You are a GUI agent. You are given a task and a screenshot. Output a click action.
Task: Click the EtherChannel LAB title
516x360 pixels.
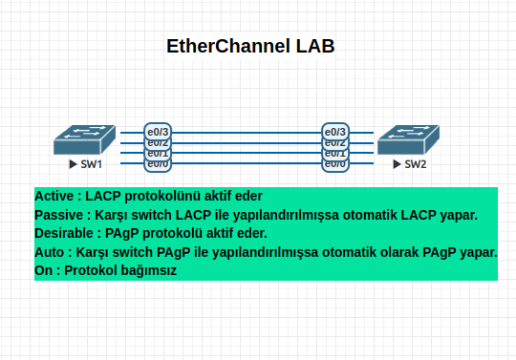[x=250, y=46]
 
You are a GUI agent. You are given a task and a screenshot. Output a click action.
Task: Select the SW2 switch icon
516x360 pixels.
[x=408, y=139]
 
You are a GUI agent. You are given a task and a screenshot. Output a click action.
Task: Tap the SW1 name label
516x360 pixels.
[x=93, y=165]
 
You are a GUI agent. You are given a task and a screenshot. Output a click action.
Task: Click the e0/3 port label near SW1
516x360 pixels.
[x=158, y=132]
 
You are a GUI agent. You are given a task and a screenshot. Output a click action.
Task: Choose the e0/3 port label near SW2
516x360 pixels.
[x=335, y=132]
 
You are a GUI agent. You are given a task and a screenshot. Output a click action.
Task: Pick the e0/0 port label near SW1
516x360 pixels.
[x=158, y=164]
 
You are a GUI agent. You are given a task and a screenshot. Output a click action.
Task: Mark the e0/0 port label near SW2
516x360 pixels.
[x=335, y=164]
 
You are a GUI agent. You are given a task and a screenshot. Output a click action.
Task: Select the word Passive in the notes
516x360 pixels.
[x=58, y=215]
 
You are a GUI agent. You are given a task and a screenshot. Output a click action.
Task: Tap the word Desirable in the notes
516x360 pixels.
[x=65, y=233]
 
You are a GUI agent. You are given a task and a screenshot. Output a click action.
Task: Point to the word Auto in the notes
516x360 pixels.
[x=50, y=252]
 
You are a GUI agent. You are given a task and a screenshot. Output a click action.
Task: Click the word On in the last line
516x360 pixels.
[x=44, y=270]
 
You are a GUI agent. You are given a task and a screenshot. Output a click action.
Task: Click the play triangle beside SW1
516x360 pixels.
[x=73, y=165]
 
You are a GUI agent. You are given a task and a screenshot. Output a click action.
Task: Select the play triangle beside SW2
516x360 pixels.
[x=397, y=165]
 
